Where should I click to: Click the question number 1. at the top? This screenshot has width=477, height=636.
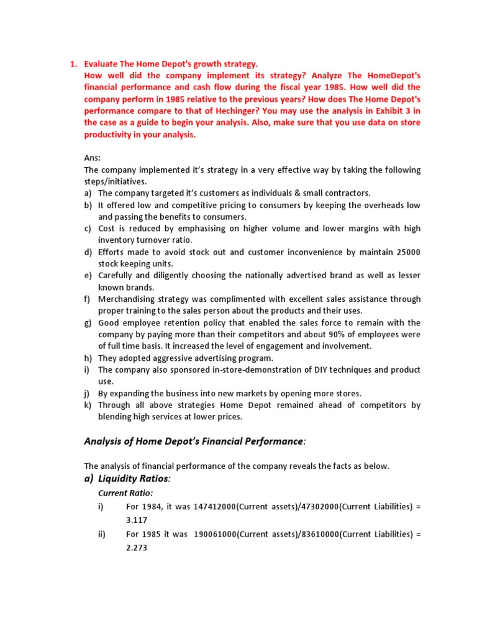73,64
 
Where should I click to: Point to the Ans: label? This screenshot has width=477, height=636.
92,158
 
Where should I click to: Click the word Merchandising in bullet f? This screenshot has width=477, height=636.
129,299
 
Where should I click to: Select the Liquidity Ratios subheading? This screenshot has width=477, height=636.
134,479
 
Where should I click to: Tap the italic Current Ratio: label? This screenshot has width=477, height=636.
125,493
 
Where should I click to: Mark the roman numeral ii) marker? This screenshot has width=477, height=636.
102,535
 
